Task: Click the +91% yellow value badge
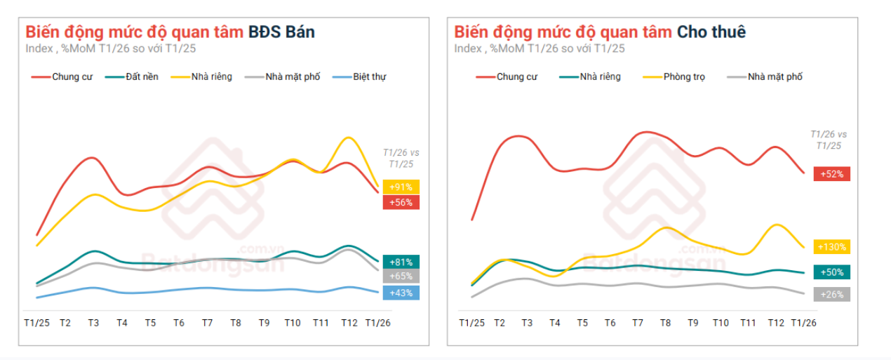click(x=401, y=187)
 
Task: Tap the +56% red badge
click(x=401, y=202)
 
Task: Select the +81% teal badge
click(x=401, y=262)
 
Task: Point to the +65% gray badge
click(x=401, y=276)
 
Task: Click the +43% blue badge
click(x=401, y=293)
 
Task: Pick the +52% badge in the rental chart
click(x=831, y=173)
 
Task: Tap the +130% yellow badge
click(x=831, y=247)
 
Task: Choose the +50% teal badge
click(x=831, y=272)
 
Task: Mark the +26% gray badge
click(x=831, y=295)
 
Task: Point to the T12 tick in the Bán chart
click(x=349, y=323)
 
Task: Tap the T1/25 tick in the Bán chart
click(x=36, y=323)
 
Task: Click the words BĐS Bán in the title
click(x=281, y=32)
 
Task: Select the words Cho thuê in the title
click(x=711, y=32)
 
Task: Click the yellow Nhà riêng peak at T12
click(x=348, y=138)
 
